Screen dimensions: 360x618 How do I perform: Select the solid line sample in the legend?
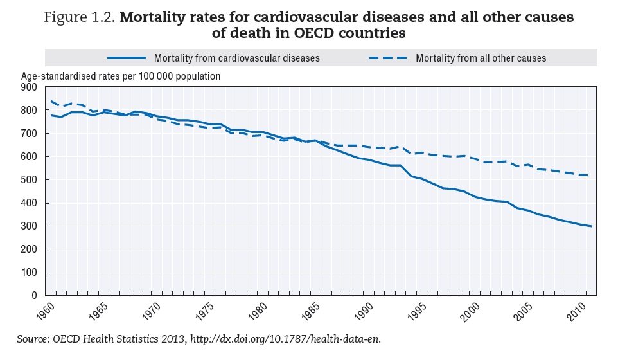point(128,58)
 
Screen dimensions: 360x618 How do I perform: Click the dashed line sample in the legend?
point(388,58)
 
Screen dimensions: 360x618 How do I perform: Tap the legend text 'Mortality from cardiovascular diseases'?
point(237,58)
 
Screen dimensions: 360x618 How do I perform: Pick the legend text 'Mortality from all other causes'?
point(481,58)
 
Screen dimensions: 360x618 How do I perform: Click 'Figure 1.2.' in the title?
point(80,17)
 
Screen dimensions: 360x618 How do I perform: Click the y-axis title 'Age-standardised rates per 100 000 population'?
point(121,76)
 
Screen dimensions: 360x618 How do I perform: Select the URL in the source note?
point(281,338)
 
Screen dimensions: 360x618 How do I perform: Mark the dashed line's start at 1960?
point(51,101)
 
